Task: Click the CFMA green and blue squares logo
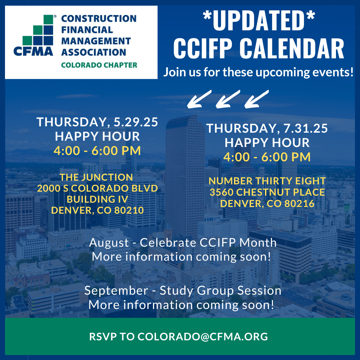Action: coord(38,30)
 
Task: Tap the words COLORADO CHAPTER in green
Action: coord(99,65)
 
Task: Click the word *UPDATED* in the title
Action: coord(259,20)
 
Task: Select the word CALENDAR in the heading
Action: coord(292,48)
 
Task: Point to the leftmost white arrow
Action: coord(199,99)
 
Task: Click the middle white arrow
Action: coord(228,99)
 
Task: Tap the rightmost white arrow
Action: coord(256,99)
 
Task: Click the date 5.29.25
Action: coord(136,122)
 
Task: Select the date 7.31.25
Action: coord(306,128)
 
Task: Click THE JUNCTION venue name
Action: coord(96,177)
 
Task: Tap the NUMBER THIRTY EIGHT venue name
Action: coord(267,181)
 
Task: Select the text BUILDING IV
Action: coord(97,199)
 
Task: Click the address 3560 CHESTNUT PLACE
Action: coord(267,192)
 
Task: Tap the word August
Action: coord(109,243)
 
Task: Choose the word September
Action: coord(116,291)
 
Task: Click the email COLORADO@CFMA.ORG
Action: coord(203,337)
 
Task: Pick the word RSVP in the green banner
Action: coord(103,337)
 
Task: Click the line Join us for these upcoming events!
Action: coord(258,72)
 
